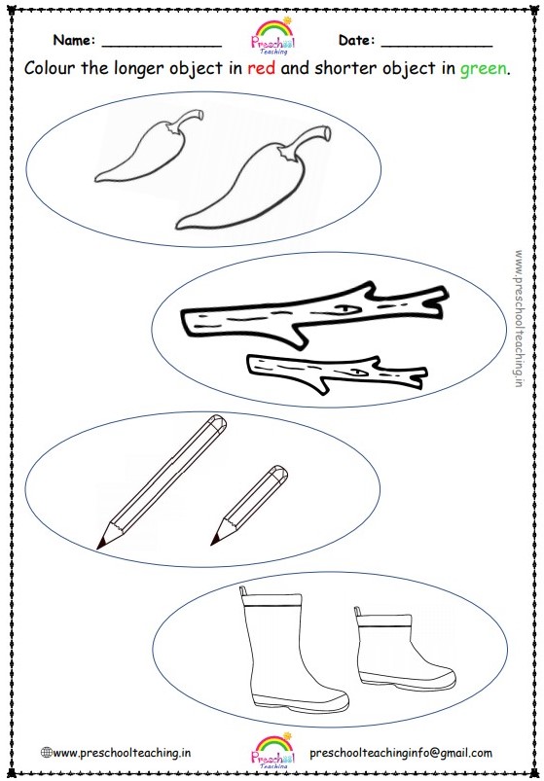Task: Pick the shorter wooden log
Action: (x=331, y=373)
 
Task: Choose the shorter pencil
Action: (x=248, y=506)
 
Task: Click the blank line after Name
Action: (x=161, y=44)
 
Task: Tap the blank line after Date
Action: (x=436, y=44)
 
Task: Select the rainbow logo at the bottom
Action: (x=272, y=747)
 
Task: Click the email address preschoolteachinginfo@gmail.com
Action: (x=400, y=753)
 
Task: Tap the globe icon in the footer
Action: (x=46, y=753)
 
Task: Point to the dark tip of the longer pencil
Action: (x=101, y=543)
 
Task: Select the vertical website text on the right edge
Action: (x=520, y=316)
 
